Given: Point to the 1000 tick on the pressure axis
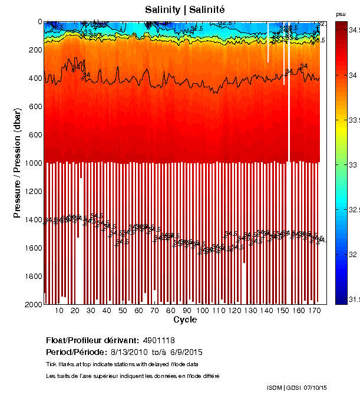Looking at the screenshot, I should pyautogui.click(x=44, y=163).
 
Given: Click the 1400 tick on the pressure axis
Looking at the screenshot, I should pyautogui.click(x=44, y=219).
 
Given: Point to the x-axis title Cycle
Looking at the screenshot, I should pyautogui.click(x=185, y=320).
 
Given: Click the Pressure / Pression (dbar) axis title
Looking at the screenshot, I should pyautogui.click(x=17, y=163).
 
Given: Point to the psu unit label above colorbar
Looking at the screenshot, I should pyautogui.click(x=341, y=14).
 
